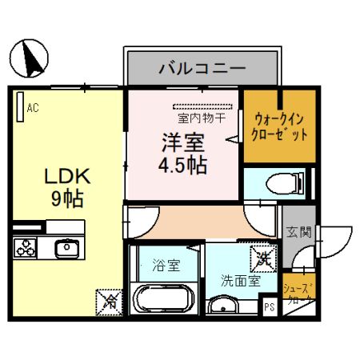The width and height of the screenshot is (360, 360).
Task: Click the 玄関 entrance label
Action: [x=298, y=232]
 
